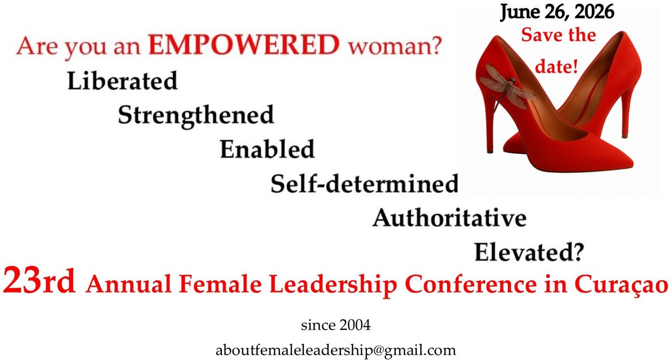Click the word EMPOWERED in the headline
point(244,45)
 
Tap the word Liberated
point(123,81)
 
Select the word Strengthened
point(196,116)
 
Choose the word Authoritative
point(449,218)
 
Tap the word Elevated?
point(529,252)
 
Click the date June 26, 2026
point(557,12)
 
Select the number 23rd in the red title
point(39,282)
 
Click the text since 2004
point(336,325)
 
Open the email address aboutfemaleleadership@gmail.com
point(336,351)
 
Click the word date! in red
point(556,66)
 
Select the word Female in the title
point(220,284)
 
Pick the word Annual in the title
point(128,284)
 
